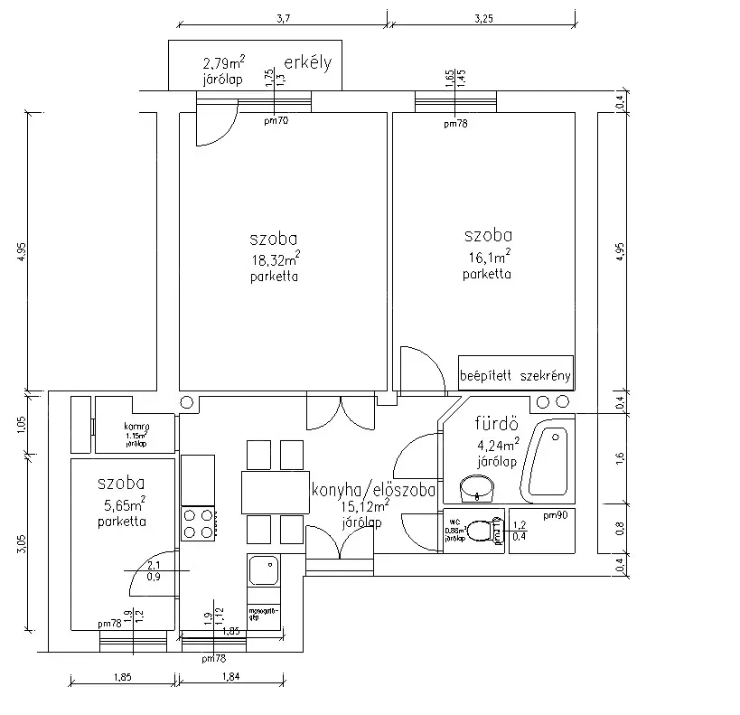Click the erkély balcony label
click(308, 63)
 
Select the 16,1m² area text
click(488, 258)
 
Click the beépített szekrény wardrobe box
click(516, 373)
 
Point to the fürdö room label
click(495, 424)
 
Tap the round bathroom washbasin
click(476, 489)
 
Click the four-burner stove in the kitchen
click(199, 522)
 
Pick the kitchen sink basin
click(264, 570)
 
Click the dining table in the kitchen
click(275, 492)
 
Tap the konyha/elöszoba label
click(373, 491)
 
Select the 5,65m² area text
click(123, 504)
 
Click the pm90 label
click(555, 515)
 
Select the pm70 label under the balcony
click(276, 120)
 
